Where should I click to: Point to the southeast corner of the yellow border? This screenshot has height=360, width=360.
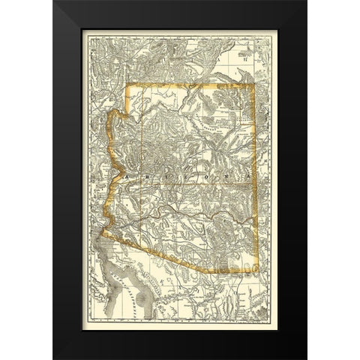coord(258,271)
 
